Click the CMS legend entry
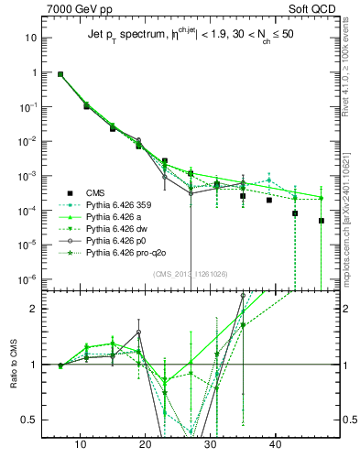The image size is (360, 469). coord(96,193)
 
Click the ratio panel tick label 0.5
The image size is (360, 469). coord(32,420)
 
